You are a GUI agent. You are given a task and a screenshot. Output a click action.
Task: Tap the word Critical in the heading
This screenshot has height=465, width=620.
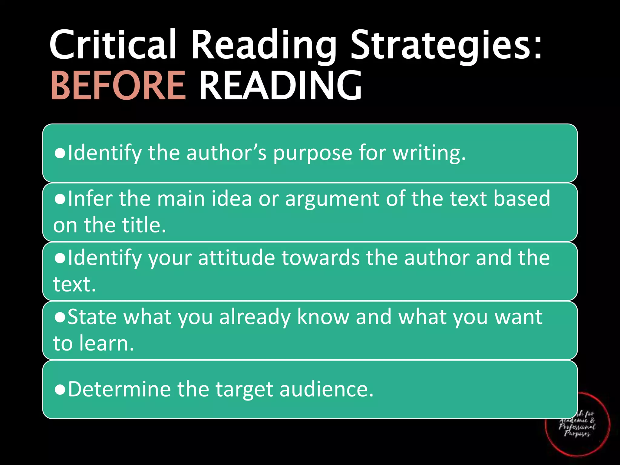tap(113, 45)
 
